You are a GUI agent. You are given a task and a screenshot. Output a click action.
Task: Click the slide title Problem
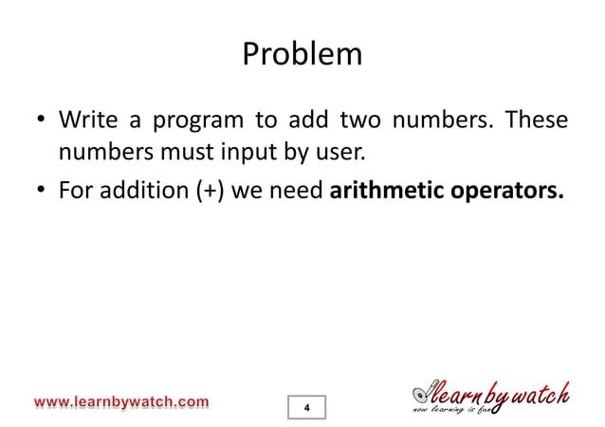pyautogui.click(x=302, y=53)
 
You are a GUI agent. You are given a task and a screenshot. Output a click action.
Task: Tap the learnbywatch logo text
pyautogui.click(x=493, y=392)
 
